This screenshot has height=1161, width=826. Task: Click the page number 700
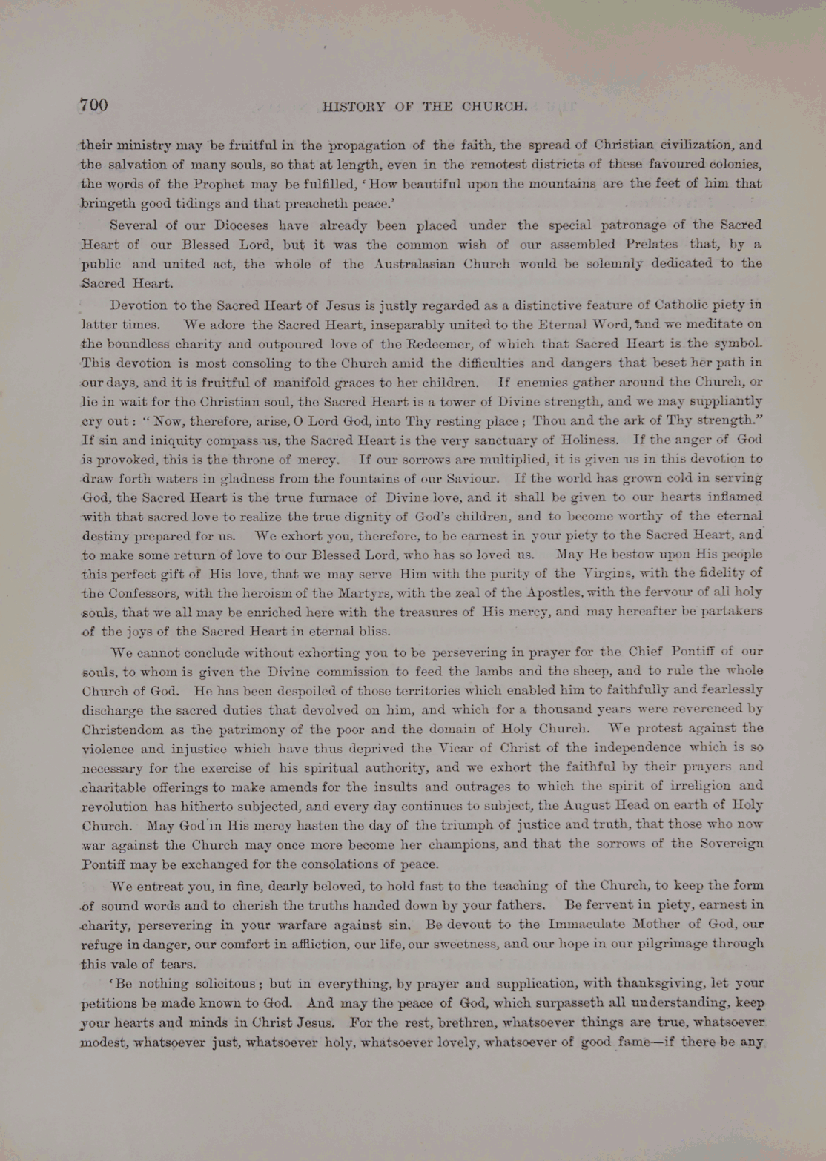click(x=94, y=105)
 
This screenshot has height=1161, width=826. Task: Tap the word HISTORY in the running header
click(x=353, y=107)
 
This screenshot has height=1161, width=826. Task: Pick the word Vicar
click(x=476, y=748)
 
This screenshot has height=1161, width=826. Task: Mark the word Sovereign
click(x=730, y=844)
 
